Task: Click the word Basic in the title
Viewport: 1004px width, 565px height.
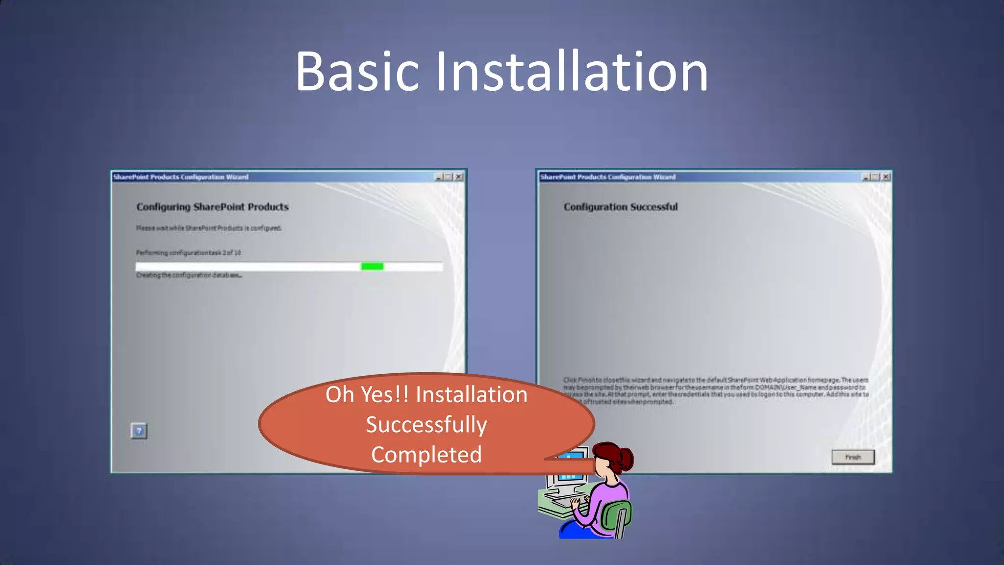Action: [x=357, y=72]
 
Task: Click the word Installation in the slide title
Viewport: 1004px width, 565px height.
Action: [x=572, y=72]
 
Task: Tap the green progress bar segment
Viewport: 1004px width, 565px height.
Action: [x=372, y=266]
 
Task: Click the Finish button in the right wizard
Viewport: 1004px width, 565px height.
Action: [x=853, y=457]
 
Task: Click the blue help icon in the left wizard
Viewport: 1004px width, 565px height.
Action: [x=139, y=431]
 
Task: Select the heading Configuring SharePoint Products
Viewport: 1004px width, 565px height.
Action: [x=212, y=207]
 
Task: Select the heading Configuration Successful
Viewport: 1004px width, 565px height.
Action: [x=621, y=207]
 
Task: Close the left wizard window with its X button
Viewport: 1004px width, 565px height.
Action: [x=459, y=177]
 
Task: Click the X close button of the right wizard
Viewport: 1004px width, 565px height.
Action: [x=886, y=177]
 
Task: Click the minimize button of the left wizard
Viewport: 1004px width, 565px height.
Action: [x=439, y=177]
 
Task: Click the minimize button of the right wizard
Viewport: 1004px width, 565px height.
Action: [x=866, y=177]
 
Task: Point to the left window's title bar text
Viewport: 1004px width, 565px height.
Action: [x=181, y=177]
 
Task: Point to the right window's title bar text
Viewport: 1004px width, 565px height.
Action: [x=608, y=177]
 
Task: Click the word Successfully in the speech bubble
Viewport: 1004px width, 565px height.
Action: [x=427, y=425]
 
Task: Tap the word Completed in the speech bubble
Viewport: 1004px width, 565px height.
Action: [x=427, y=455]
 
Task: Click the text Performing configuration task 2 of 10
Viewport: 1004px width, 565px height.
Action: [x=189, y=253]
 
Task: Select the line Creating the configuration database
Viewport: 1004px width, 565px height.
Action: [x=189, y=275]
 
